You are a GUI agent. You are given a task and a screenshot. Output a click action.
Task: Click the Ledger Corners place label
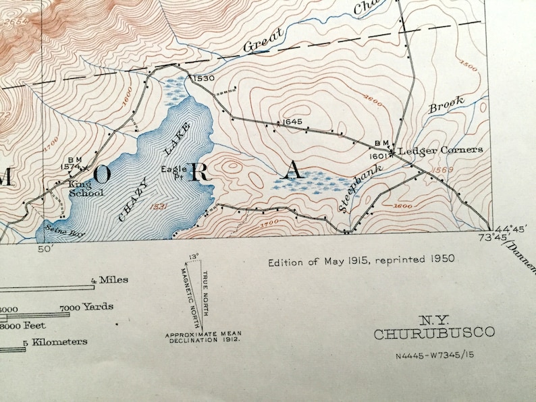pos(440,150)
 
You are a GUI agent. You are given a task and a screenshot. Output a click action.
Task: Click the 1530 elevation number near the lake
pos(203,79)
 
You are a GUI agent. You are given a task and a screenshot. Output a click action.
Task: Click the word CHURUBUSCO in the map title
pos(434,333)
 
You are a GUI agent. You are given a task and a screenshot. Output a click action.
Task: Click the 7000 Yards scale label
pos(86,308)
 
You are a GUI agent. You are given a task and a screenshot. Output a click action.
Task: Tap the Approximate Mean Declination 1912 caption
pos(203,337)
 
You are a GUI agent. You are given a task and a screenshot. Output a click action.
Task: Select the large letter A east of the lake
pos(292,170)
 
